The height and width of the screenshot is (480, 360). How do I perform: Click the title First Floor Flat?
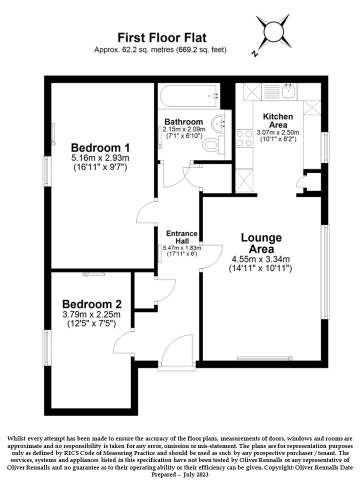(162, 37)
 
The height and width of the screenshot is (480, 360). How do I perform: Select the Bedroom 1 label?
(100, 147)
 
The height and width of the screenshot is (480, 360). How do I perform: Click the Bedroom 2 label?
(92, 304)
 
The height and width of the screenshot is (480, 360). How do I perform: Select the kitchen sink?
(288, 91)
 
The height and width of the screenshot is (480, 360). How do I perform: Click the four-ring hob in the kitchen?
(244, 138)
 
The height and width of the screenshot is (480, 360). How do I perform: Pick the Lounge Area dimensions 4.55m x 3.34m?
(260, 259)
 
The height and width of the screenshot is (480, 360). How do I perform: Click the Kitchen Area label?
(278, 120)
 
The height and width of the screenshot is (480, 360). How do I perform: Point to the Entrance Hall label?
(182, 237)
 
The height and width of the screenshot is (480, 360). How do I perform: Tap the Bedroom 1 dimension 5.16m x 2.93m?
(100, 158)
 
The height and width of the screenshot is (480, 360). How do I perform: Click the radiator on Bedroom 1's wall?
(53, 134)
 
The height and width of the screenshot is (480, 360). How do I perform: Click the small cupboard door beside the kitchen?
(302, 182)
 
